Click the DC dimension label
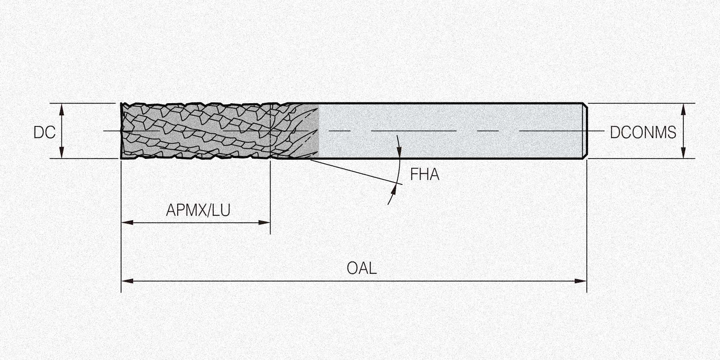pos(44,132)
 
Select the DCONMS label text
pos(643,132)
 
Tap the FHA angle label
pos(425,174)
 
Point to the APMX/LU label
pos(198,210)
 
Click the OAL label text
pos(362,268)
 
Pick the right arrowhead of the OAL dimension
pos(581,281)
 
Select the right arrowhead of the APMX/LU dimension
pos(265,223)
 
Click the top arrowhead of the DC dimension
pos(62,109)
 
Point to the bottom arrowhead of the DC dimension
pos(62,152)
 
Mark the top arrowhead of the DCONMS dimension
pos(683,109)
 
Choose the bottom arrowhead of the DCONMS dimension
pos(683,152)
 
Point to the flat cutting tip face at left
pos(122,131)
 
